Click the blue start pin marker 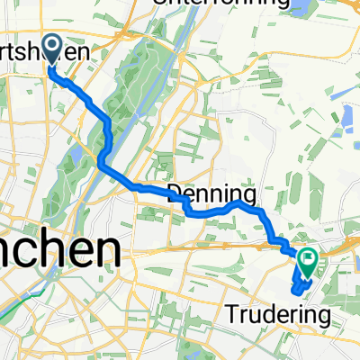point(50,48)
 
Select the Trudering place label point(276,316)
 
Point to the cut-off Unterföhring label point(216,4)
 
